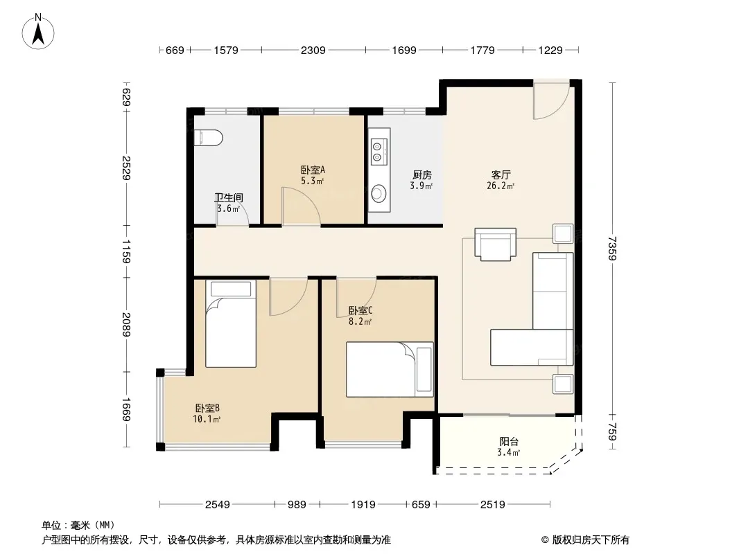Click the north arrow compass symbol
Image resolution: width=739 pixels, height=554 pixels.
pyautogui.click(x=38, y=32)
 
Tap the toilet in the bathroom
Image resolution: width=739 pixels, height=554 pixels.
pyautogui.click(x=208, y=137)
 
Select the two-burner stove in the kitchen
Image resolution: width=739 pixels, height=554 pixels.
pyautogui.click(x=379, y=151)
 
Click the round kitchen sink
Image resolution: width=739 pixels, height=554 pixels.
pyautogui.click(x=379, y=193)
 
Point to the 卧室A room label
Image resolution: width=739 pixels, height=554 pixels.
pyautogui.click(x=313, y=170)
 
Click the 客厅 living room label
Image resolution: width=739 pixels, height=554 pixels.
pyautogui.click(x=501, y=175)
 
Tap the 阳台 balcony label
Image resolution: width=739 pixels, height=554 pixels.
pyautogui.click(x=509, y=442)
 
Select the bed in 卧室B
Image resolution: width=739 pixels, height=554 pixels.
pyautogui.click(x=231, y=324)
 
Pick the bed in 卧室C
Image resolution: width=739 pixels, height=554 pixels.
pyautogui.click(x=390, y=370)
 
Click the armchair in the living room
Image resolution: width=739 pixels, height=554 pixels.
pyautogui.click(x=496, y=244)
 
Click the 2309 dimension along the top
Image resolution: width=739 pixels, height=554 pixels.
pyautogui.click(x=313, y=50)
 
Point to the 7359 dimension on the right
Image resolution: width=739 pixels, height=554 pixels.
pyautogui.click(x=611, y=248)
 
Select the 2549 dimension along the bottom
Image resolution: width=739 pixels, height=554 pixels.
pyautogui.click(x=217, y=505)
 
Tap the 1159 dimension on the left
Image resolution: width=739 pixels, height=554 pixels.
pyautogui.click(x=126, y=251)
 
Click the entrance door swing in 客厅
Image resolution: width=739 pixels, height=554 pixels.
pyautogui.click(x=551, y=101)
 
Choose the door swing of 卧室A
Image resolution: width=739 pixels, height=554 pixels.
pyautogui.click(x=301, y=206)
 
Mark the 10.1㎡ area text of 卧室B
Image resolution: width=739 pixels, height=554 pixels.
pyautogui.click(x=207, y=419)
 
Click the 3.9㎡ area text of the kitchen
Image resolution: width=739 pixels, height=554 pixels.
pyautogui.click(x=421, y=186)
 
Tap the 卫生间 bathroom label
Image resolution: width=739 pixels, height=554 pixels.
pyautogui.click(x=229, y=197)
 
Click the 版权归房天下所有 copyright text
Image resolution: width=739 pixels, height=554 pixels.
pyautogui.click(x=591, y=540)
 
